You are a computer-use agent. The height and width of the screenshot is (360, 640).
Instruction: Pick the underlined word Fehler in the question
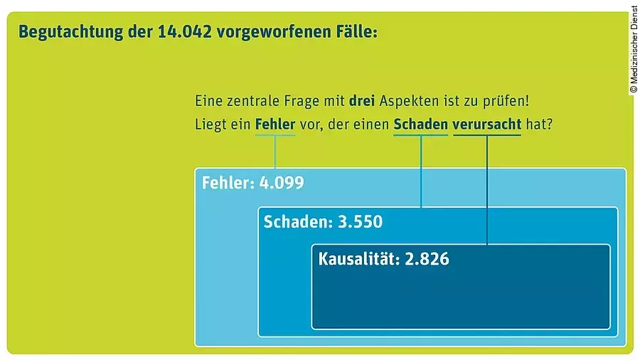coord(274,124)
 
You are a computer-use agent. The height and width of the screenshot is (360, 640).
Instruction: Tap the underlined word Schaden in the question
coord(420,124)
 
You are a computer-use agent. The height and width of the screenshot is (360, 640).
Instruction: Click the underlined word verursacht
coord(486,124)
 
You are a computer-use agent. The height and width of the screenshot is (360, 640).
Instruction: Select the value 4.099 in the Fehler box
coord(282,183)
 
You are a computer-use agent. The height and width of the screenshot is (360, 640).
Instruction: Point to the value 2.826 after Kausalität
coord(427,259)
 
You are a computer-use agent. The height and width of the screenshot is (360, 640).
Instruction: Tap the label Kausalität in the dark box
coord(358,259)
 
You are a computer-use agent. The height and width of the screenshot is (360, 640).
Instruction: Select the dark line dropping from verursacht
coord(487,189)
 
